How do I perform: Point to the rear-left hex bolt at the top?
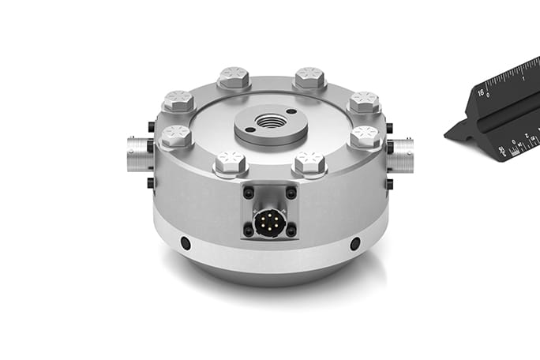tap(234, 77)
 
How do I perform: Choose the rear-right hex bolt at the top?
tap(309, 77)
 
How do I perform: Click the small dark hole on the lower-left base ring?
tap(186, 243)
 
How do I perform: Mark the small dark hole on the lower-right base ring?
tap(354, 243)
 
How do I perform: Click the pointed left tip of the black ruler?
tap(447, 137)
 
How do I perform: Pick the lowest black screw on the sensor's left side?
tap(151, 184)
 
